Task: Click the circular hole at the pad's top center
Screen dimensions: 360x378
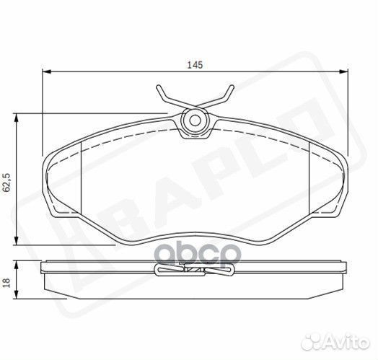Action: pos(193,120)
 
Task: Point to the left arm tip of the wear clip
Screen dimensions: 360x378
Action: pos(159,89)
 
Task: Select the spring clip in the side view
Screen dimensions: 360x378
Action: pos(193,271)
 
